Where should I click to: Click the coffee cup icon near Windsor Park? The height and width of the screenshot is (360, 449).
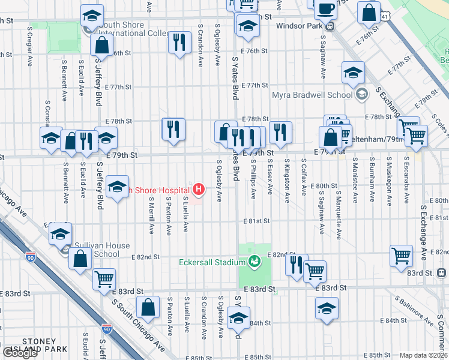coord(326,9)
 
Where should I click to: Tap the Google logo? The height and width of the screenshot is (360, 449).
coord(20,353)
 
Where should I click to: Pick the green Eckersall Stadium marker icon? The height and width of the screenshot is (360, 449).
coord(255,261)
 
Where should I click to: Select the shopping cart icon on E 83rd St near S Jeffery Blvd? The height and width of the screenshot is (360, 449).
coord(104,278)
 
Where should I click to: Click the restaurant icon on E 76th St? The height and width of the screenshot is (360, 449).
coord(179,42)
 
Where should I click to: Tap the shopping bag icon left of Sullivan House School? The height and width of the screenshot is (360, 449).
coord(80,259)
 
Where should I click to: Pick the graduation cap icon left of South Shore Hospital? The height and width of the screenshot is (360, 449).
coord(118,186)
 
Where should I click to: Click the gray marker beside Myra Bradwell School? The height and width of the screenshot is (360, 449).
coord(362,94)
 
